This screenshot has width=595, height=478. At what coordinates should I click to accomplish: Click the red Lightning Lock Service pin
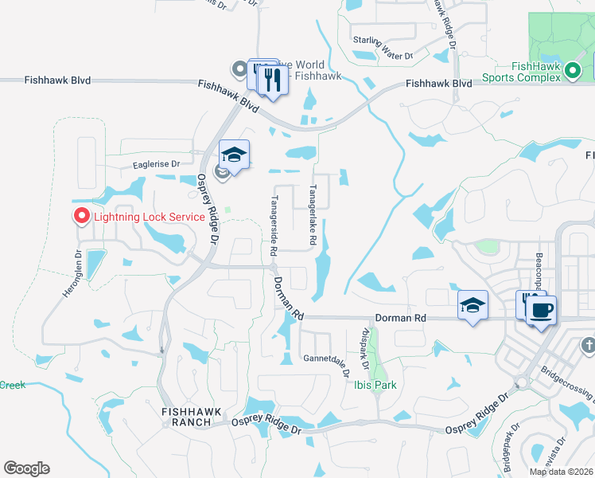click(81, 216)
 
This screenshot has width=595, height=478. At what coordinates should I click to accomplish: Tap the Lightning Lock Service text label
click(150, 217)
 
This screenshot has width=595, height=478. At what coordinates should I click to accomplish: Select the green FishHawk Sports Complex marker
click(571, 73)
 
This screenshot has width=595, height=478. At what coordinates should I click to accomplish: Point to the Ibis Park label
click(375, 385)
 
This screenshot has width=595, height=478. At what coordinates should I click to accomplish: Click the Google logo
click(26, 468)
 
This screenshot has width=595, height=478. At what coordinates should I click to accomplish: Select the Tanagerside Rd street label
click(274, 225)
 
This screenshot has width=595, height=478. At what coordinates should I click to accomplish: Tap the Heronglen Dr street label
click(72, 276)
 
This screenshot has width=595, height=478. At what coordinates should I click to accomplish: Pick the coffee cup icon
click(542, 309)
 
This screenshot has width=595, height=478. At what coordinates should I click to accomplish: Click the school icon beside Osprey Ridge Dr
click(234, 155)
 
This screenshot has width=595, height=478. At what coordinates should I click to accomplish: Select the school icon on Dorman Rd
click(472, 305)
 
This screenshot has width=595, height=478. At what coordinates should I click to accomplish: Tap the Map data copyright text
click(561, 472)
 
